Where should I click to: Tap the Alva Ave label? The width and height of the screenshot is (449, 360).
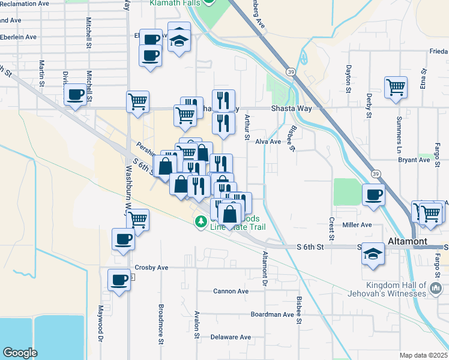pyautogui.click(x=268, y=142)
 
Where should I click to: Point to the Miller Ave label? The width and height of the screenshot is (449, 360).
pyautogui.click(x=357, y=225)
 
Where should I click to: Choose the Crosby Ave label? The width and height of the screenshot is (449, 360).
pyautogui.click(x=151, y=268)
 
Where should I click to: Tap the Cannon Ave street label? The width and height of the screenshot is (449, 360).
pyautogui.click(x=231, y=292)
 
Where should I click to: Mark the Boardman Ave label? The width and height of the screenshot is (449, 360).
pyautogui.click(x=272, y=314)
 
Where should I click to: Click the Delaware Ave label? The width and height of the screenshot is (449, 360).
pyautogui.click(x=231, y=337)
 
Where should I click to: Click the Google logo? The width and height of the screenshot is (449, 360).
pyautogui.click(x=20, y=352)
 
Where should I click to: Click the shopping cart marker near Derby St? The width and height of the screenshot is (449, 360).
pyautogui.click(x=396, y=87)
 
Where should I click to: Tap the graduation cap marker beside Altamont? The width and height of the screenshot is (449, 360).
pyautogui.click(x=373, y=253)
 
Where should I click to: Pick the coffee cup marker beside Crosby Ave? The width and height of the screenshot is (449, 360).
pyautogui.click(x=119, y=280)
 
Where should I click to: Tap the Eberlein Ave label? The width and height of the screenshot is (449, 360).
pyautogui.click(x=19, y=37)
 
